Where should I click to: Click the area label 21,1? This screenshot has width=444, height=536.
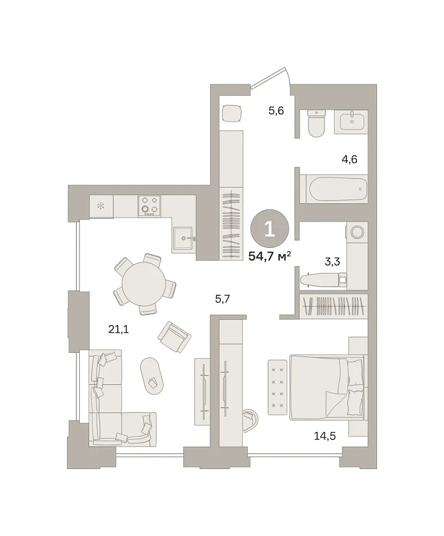118,329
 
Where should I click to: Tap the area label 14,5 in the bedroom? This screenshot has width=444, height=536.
325,436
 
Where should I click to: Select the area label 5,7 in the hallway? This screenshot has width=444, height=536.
223,299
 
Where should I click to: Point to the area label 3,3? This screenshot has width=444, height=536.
332,262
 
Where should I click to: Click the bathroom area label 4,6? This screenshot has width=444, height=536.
349,159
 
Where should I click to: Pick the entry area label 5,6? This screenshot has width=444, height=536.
276,111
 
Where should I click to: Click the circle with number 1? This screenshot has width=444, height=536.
270,229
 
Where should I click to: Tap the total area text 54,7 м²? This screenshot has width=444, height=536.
270,256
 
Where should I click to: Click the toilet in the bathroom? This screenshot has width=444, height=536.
316,123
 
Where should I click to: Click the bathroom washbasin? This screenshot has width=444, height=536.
352,120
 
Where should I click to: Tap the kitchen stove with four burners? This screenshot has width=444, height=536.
149,206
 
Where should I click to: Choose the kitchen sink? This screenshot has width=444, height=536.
184,238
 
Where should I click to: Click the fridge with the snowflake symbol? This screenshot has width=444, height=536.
101,206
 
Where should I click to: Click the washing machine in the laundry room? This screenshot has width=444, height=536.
357,232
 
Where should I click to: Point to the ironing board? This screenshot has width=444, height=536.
323,280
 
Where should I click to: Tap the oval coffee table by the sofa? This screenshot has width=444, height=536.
152,376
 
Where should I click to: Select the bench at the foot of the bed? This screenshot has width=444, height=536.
277,387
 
